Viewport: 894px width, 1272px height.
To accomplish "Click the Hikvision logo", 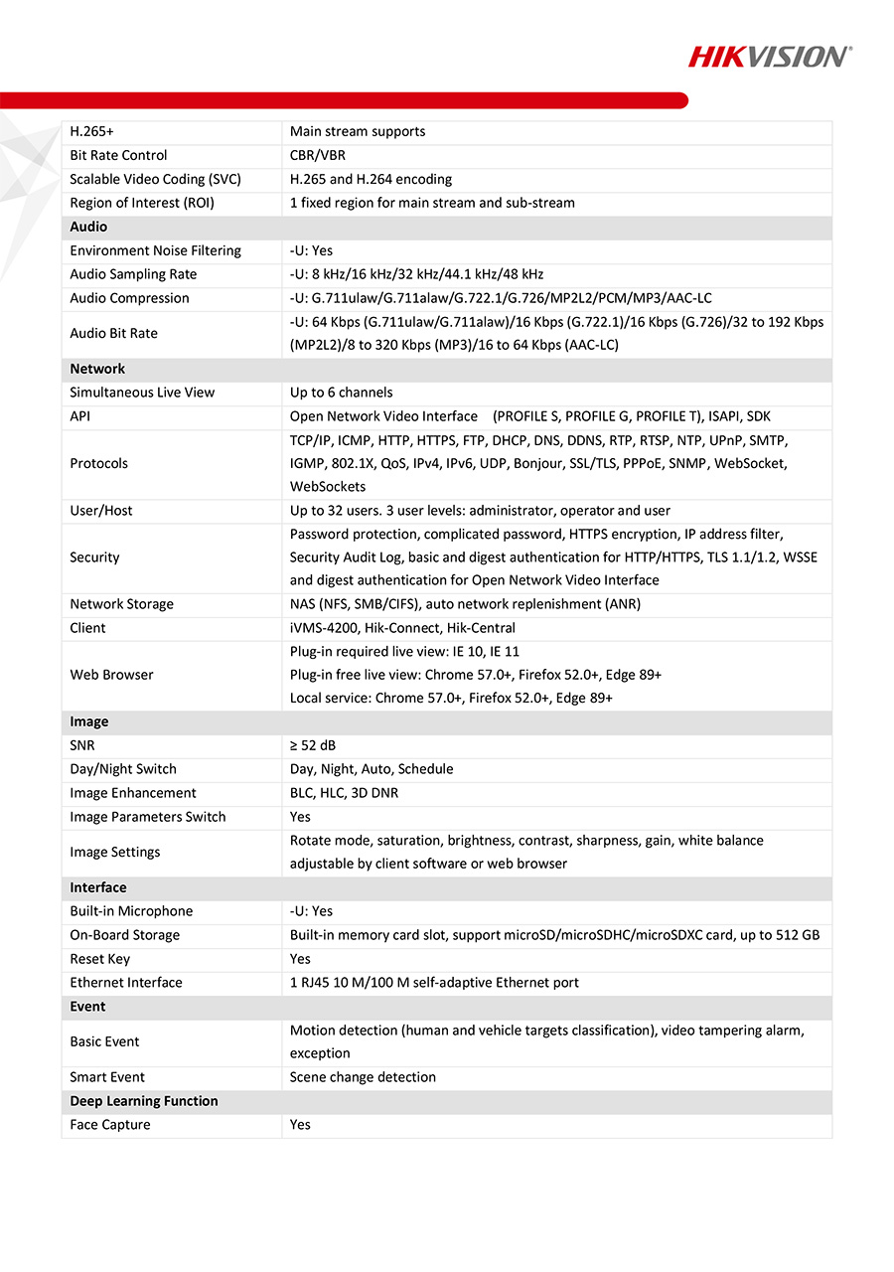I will click(x=770, y=56).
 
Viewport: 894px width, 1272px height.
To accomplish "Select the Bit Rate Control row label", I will click(x=118, y=155).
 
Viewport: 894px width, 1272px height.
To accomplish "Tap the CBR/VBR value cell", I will click(x=318, y=155).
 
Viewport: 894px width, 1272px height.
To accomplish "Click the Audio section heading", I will click(x=88, y=227).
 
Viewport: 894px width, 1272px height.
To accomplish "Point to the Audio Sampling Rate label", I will click(x=133, y=274).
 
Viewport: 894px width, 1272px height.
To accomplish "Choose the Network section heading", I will click(x=97, y=369).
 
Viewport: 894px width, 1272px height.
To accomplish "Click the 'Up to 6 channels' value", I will click(x=341, y=393).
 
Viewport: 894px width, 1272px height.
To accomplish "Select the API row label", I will click(x=79, y=416).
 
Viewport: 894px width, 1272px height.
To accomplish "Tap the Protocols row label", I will click(x=98, y=463).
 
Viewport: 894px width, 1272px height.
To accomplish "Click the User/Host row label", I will click(x=100, y=511).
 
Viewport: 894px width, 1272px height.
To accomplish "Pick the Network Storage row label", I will click(x=121, y=604).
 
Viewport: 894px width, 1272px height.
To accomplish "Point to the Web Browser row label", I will click(x=111, y=675).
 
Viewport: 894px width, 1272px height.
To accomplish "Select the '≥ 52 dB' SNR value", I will click(x=320, y=745).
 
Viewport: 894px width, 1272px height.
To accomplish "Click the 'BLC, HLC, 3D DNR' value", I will click(x=345, y=793).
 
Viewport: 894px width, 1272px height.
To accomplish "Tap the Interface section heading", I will click(x=98, y=887).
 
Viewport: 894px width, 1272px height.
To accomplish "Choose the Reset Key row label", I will click(x=99, y=959).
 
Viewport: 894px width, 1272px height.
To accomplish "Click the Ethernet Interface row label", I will click(x=126, y=983).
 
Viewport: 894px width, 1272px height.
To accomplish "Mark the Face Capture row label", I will click(x=110, y=1125).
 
